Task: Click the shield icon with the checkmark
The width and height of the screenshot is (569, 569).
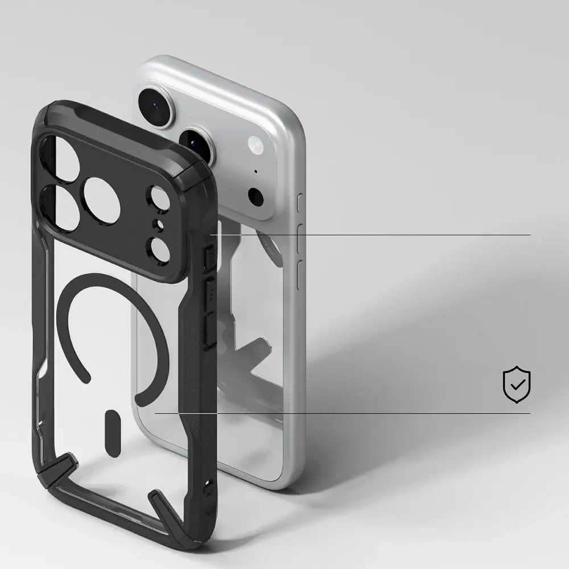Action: (x=517, y=385)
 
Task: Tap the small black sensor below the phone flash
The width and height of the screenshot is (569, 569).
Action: (x=256, y=197)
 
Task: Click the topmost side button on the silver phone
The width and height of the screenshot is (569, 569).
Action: (x=300, y=203)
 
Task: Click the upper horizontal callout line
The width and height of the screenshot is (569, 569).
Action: (x=370, y=234)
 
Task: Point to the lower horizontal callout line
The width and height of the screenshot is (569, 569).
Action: (x=341, y=414)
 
